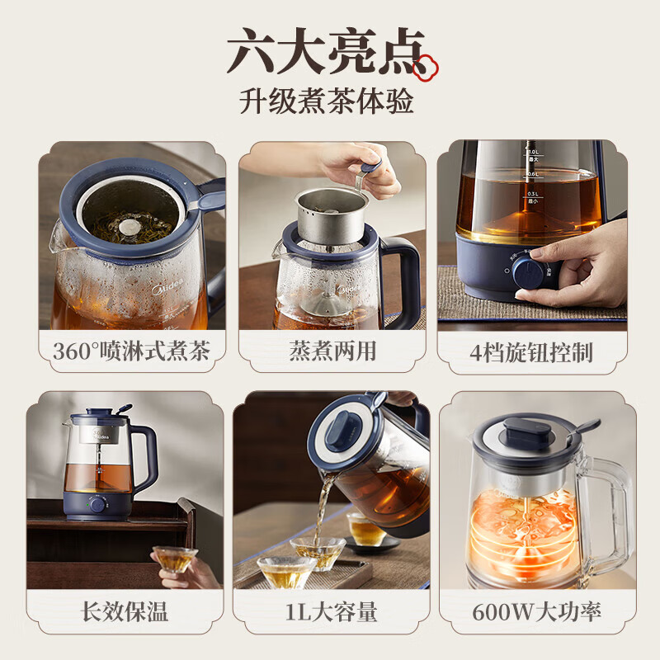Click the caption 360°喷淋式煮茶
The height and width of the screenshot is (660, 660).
[x=131, y=351]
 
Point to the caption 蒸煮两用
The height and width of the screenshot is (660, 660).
[x=332, y=351]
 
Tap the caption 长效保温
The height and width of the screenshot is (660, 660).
[x=124, y=612]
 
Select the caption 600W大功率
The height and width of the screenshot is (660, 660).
[x=536, y=612]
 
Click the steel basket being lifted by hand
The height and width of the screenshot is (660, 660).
[x=332, y=210]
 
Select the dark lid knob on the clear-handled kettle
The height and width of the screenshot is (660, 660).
[x=528, y=431]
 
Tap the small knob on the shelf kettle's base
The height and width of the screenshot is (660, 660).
[x=97, y=504]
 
